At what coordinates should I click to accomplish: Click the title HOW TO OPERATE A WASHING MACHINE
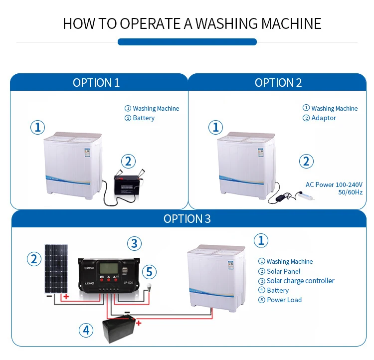click(192, 23)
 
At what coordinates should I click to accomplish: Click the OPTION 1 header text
click(96, 83)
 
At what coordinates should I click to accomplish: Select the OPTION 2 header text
click(278, 83)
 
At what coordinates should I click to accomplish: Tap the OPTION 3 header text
click(187, 219)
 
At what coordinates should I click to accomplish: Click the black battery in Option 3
click(120, 330)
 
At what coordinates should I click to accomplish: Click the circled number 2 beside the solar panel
click(34, 259)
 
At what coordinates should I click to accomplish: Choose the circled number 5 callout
click(149, 272)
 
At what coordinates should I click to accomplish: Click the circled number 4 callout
click(86, 330)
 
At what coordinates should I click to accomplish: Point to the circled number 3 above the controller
click(134, 243)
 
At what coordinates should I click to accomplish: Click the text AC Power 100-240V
click(334, 184)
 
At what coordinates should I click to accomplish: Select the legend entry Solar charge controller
click(300, 281)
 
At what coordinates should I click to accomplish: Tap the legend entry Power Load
click(284, 300)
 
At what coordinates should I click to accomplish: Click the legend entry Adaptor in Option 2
click(323, 118)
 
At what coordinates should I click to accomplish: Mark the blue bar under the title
click(187, 42)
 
